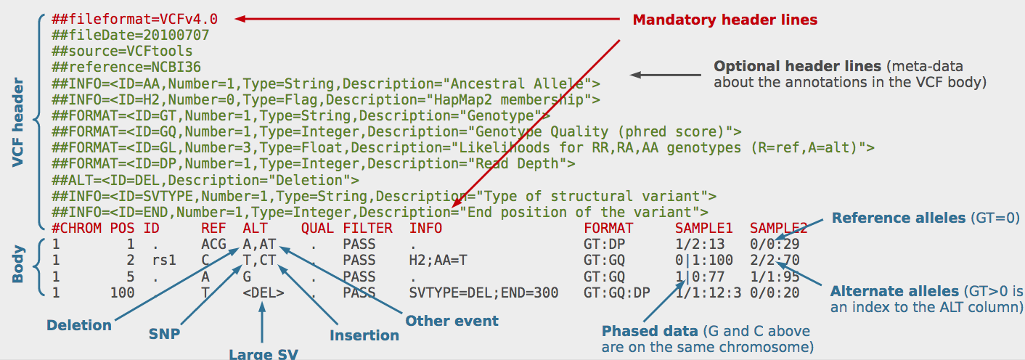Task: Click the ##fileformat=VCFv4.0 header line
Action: (x=134, y=19)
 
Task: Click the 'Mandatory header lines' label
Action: (x=725, y=20)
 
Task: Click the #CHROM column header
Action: (x=75, y=229)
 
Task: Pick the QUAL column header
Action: (x=317, y=229)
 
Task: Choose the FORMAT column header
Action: (x=608, y=229)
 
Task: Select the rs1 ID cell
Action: (x=164, y=261)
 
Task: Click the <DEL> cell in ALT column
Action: (x=264, y=293)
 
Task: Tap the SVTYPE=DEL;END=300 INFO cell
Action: (x=484, y=293)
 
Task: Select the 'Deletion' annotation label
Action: (x=79, y=324)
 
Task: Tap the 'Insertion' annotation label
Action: (x=364, y=335)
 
